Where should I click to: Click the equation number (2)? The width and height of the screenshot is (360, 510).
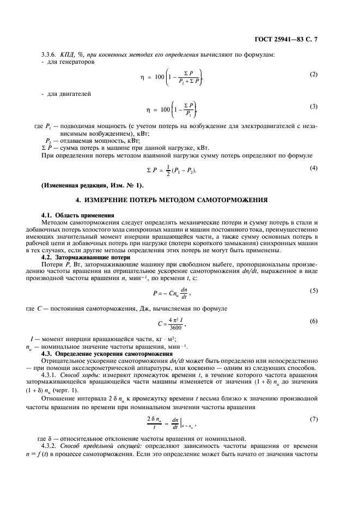314,74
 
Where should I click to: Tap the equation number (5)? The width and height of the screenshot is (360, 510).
314,290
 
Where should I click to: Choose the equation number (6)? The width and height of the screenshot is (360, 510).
314,321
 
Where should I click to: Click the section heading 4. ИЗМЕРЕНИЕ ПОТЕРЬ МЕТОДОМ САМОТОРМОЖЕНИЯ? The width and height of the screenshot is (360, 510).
180,200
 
